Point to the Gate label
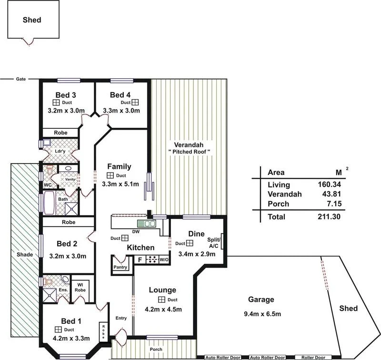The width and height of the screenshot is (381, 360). click(x=20, y=79)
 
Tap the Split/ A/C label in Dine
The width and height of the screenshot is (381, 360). click(x=214, y=243)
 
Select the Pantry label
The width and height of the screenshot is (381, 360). click(x=120, y=268)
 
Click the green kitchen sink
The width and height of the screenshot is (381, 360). click(x=146, y=223)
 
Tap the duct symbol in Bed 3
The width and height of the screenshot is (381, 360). click(x=56, y=103)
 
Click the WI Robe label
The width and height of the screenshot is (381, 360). click(x=81, y=288)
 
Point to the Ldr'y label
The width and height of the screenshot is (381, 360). click(x=60, y=152)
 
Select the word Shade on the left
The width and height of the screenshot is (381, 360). click(x=24, y=255)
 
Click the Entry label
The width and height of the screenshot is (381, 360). click(x=121, y=319)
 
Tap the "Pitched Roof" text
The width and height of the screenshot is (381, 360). click(x=190, y=152)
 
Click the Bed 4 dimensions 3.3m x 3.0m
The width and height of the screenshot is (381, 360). click(x=124, y=111)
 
